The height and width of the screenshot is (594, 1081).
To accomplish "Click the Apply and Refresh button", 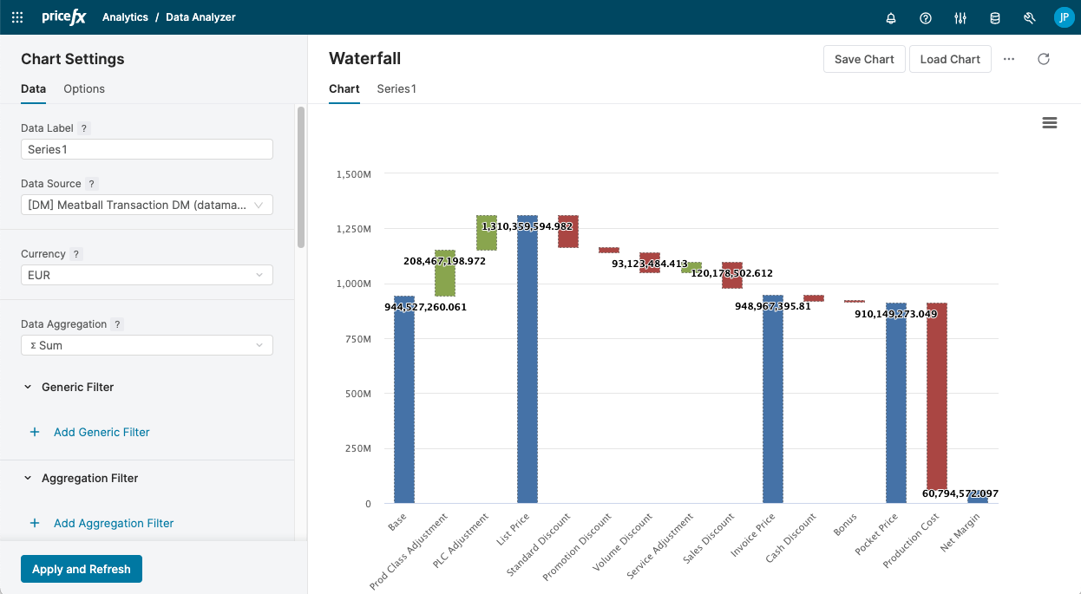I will point(82,569).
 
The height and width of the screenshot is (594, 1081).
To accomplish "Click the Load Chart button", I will point(950,59).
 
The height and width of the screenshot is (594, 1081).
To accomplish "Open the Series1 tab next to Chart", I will point(396,88).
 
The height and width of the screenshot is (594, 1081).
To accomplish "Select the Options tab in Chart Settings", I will point(84,88).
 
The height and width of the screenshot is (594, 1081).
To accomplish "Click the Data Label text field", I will point(147,149).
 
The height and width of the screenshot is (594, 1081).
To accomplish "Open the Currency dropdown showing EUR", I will point(147,275).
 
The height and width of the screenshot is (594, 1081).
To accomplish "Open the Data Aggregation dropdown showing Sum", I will point(147,345).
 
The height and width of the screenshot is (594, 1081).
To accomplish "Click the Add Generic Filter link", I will point(102,432).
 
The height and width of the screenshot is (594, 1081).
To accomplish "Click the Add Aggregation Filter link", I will point(114,523).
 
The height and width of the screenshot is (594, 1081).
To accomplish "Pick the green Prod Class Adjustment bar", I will point(445,273).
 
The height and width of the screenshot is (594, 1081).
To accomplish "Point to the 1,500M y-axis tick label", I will point(353,174).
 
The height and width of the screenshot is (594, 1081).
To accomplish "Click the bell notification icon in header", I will point(891,17).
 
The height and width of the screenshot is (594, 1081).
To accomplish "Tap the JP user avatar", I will point(1064,17).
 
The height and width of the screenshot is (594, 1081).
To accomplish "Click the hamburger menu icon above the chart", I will point(1049,123).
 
